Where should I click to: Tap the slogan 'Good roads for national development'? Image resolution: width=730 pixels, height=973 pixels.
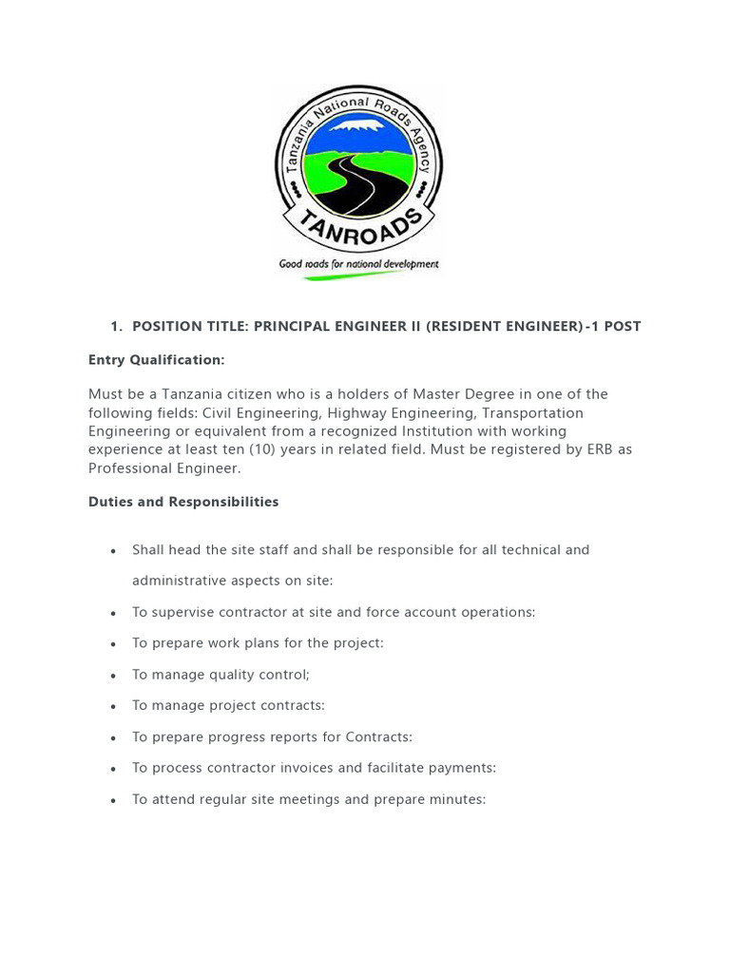click(x=358, y=264)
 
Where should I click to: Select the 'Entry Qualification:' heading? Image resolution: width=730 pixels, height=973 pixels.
click(x=156, y=360)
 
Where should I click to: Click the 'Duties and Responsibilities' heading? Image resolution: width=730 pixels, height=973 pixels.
click(x=183, y=502)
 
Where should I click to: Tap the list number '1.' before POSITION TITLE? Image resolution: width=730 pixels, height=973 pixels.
click(x=116, y=327)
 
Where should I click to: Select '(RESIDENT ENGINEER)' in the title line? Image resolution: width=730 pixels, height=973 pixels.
click(x=504, y=327)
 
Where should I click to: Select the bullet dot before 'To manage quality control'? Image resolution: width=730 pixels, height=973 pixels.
click(x=114, y=676)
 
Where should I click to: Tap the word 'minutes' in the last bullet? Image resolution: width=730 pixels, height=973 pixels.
click(x=456, y=799)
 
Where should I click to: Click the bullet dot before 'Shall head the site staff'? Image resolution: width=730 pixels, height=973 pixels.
click(x=114, y=551)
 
